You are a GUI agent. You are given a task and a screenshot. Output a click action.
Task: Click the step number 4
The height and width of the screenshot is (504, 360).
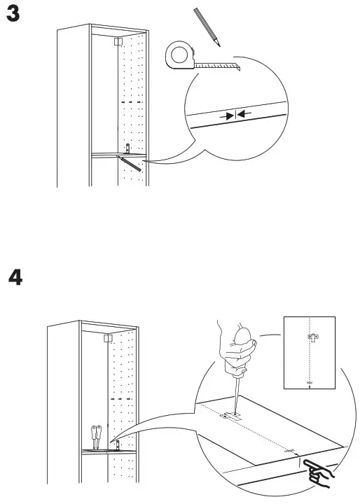coord(15,277)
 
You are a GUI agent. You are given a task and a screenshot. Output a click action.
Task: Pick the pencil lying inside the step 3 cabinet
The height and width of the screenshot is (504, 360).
coord(131,163)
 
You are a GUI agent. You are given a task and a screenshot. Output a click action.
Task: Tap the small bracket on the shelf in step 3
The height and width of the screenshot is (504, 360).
coord(128,148)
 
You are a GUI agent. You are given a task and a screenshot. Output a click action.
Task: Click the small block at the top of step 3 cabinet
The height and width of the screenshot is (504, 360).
coord(117,41)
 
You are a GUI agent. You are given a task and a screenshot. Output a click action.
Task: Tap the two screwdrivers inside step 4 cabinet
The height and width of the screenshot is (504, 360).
coord(95,436)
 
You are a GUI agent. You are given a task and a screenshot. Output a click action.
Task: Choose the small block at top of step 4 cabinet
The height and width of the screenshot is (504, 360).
coord(109,337)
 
